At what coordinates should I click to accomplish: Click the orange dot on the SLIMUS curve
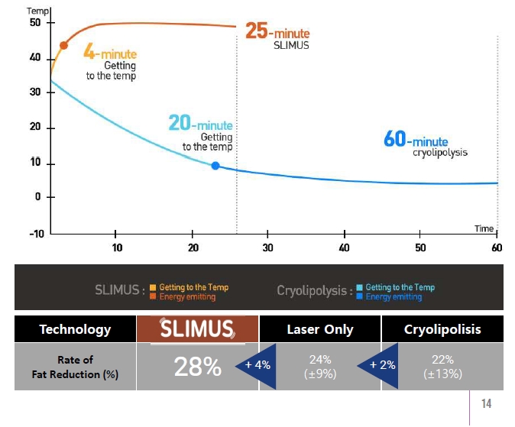pos(63,45)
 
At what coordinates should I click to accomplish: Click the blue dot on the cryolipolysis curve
pos(215,166)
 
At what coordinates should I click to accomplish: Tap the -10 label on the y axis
pos(34,233)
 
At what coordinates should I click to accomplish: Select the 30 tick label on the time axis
pos(267,247)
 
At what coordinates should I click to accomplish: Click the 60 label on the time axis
pos(497,247)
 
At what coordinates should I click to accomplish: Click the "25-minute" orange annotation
pos(278,31)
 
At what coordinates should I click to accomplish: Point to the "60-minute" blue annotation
pos(416,141)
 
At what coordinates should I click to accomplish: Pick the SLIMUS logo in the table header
pos(197,329)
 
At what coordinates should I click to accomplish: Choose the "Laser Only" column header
pos(320,330)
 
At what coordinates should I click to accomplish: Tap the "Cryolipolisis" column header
pos(442,330)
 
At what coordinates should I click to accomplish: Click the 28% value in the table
pos(197,367)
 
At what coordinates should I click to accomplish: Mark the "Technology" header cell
pos(75,330)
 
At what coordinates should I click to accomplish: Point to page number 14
pos(487,403)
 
